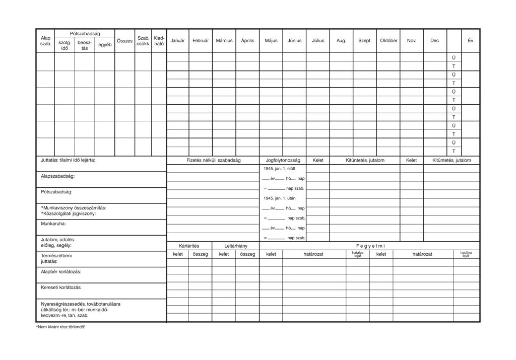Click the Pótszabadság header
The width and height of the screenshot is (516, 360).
coord(85,33)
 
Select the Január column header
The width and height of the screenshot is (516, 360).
coord(177,41)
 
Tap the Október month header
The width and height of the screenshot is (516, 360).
coord(389,41)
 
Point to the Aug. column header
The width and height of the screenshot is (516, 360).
coord(341,41)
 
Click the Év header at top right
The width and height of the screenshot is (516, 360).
coord(470,41)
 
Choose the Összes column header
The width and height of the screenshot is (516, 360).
coord(124,41)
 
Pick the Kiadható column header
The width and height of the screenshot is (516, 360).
coord(159,41)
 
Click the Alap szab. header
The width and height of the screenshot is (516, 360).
coord(46,41)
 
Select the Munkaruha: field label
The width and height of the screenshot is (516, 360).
coord(53,224)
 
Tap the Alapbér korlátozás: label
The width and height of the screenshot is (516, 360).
coord(61,271)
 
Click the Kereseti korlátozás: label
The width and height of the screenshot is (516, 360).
coord(61,287)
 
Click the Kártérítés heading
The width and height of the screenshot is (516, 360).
coord(189,246)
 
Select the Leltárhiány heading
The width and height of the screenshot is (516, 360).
coord(236,246)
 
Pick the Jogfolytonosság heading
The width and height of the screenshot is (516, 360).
coord(283,160)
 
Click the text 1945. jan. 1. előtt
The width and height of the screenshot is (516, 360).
coord(280,169)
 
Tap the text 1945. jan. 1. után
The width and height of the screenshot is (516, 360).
coord(279,198)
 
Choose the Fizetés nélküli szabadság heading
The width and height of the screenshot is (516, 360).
coord(213,160)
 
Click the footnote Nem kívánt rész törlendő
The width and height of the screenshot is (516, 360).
coord(60,327)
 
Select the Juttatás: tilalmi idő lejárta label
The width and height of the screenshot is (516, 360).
coord(68,160)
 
